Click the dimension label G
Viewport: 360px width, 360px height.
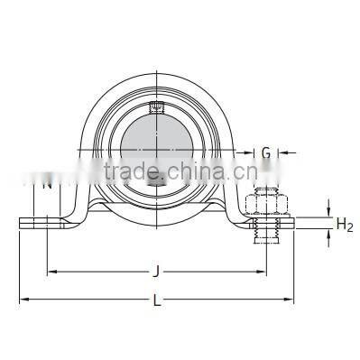(266, 153)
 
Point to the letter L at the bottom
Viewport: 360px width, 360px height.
(158, 301)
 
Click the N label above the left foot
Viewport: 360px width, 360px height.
(44, 185)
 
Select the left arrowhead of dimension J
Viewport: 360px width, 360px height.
(51, 270)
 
